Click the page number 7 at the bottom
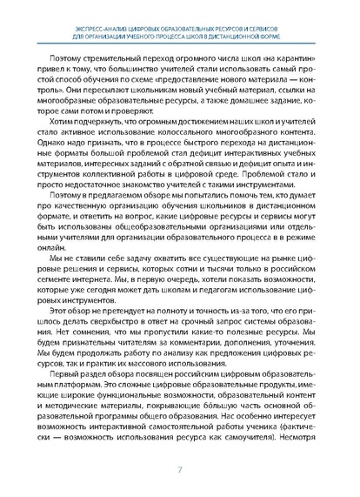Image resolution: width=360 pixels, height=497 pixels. (x=180, y=472)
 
